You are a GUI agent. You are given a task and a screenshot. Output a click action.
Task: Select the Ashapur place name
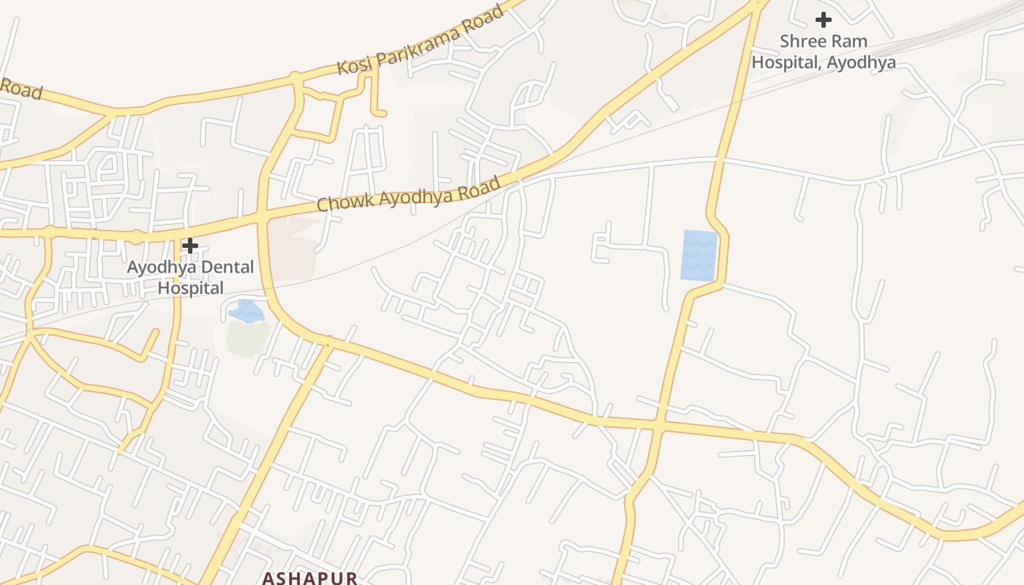point(310,578)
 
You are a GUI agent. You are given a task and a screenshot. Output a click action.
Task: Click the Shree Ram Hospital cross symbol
point(824,20)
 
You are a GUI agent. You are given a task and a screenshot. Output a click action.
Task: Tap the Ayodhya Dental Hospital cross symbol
point(190,246)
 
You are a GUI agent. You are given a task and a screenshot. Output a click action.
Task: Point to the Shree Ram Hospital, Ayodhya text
point(824,51)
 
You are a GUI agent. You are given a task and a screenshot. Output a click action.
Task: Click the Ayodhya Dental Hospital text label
point(191,277)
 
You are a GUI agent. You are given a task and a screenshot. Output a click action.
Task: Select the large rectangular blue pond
point(699,254)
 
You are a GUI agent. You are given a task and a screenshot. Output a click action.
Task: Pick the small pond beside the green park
point(246,312)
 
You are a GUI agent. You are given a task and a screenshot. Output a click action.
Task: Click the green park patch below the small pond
point(247,338)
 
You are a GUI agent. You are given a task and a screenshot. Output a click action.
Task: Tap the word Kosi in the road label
point(352,64)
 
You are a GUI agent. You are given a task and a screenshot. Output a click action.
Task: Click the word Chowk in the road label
point(340,201)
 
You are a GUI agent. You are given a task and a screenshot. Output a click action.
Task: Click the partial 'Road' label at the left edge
point(20,89)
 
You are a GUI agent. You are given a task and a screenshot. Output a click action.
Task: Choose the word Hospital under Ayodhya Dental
point(191,288)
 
